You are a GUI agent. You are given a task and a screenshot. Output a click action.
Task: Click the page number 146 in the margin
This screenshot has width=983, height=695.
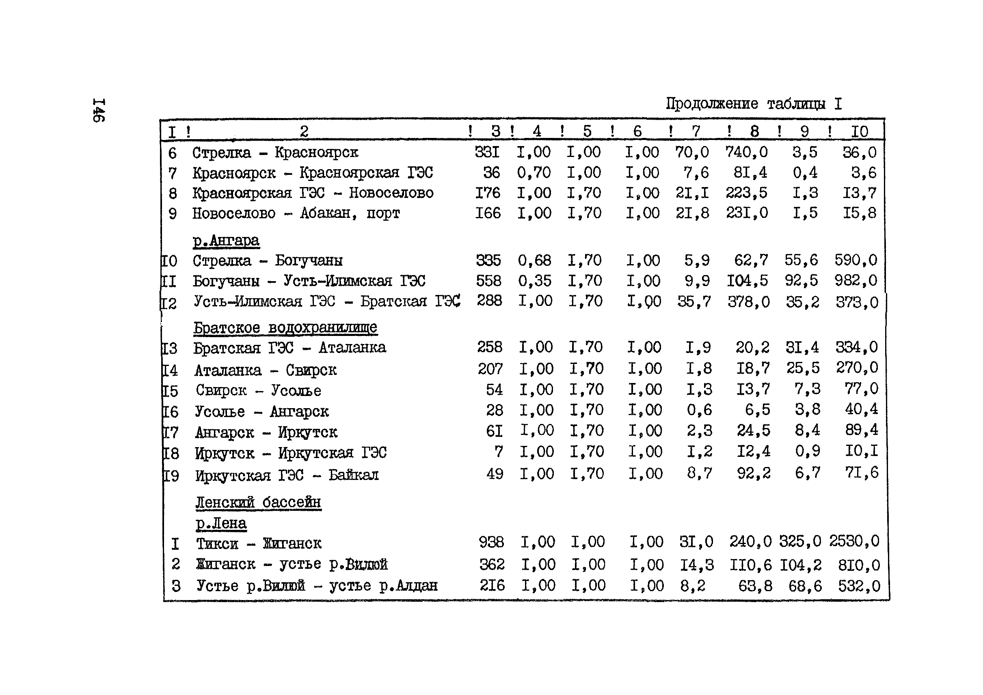coord(99,110)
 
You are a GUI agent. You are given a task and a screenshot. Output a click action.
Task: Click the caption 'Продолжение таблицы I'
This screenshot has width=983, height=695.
coord(754,103)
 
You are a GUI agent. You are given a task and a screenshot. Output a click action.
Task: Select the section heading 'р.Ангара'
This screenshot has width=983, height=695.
coord(226,240)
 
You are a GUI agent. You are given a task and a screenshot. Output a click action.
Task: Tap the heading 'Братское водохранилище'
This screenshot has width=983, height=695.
coord(285,327)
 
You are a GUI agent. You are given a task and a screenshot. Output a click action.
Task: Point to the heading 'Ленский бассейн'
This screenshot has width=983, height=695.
coord(258,502)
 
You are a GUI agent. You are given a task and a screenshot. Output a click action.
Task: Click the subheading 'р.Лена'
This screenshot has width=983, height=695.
coord(221,523)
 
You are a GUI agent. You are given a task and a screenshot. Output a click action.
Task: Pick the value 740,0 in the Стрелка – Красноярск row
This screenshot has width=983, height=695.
coord(746,152)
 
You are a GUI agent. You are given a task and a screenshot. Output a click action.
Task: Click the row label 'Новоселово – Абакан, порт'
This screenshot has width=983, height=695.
coord(296,213)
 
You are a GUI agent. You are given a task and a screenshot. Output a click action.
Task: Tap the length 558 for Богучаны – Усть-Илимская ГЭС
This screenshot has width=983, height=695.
coord(488,281)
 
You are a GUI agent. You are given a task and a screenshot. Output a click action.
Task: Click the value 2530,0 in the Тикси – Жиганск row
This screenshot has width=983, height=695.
coord(854,541)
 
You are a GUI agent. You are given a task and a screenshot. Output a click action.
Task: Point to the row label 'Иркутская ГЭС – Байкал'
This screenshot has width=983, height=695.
coord(287,475)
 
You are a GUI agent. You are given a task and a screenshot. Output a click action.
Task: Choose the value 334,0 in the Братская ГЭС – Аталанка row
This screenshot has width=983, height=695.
coord(856,347)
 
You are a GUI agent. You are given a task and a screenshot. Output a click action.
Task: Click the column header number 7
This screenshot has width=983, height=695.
coord(696,131)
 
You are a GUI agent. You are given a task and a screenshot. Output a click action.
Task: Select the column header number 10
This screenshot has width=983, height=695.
coord(859,131)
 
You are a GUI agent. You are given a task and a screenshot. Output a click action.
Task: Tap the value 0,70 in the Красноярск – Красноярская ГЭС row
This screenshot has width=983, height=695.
coord(534,172)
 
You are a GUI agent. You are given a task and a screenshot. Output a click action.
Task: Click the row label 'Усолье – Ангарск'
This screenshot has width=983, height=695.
coord(262,412)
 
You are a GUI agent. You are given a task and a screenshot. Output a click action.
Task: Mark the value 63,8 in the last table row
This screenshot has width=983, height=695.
coord(755,586)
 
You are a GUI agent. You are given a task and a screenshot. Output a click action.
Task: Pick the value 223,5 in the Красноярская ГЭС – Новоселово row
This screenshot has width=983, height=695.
coord(746,193)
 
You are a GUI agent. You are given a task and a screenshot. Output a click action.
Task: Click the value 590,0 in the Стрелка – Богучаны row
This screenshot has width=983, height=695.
coord(856,260)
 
